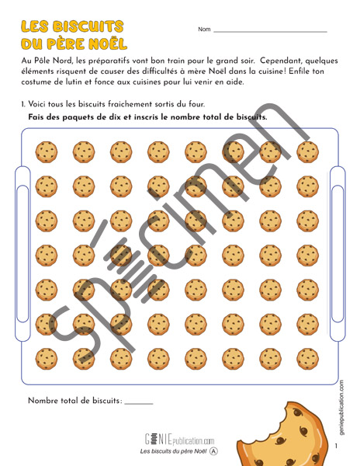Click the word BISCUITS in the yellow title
(88, 26)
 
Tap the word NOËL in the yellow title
(108, 43)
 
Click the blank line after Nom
(270, 31)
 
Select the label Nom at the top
(204, 30)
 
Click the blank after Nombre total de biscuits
(139, 404)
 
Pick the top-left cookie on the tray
(47, 152)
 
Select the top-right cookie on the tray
(308, 152)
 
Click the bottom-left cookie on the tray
(47, 359)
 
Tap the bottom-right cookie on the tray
(308, 359)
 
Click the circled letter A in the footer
(213, 451)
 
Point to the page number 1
(336, 446)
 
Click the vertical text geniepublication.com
(341, 408)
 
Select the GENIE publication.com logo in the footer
(179, 440)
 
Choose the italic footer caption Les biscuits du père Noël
(173, 451)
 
